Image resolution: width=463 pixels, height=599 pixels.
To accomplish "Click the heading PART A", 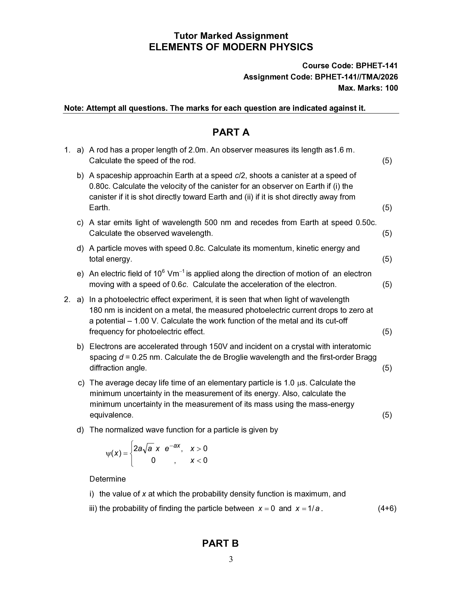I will [231, 133].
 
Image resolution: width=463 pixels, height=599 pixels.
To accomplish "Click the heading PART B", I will [220, 543].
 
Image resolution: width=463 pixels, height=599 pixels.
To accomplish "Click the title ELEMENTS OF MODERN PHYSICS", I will [231, 47].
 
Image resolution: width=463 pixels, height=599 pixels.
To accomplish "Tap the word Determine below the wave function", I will [107, 479].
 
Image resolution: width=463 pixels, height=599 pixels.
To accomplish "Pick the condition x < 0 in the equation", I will [199, 460].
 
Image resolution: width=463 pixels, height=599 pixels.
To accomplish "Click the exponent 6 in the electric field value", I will [163, 271].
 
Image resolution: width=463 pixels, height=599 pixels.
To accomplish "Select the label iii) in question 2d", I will [93, 508].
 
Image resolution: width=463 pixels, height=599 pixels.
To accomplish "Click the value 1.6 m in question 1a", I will [343, 150].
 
